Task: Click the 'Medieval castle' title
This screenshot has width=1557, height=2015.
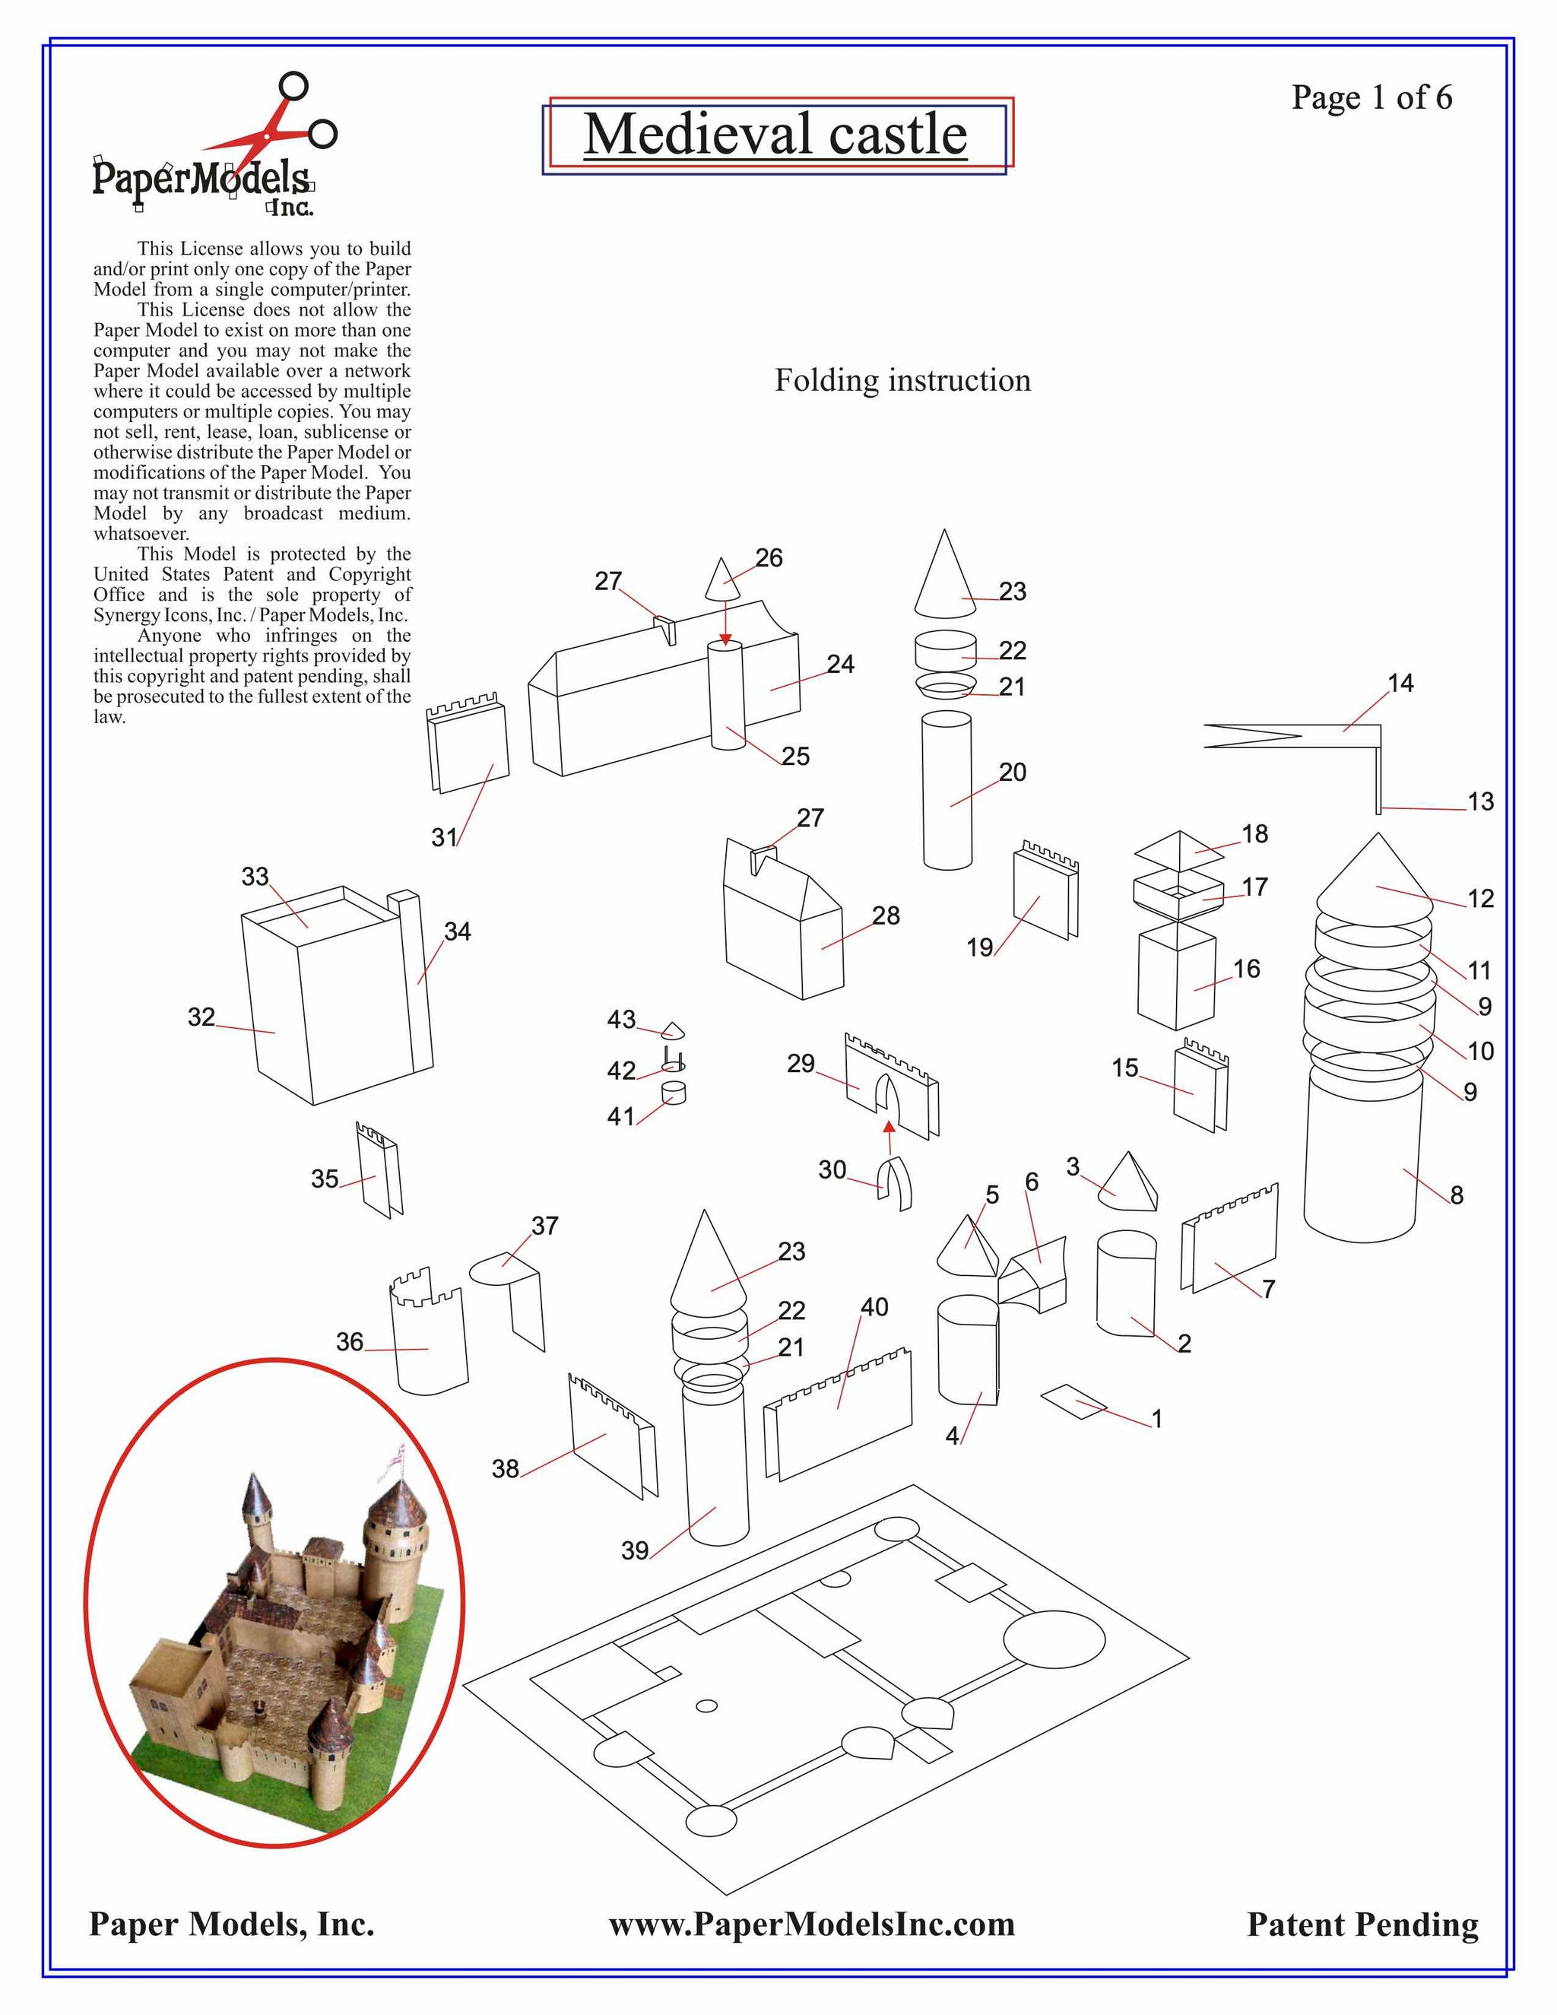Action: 775,135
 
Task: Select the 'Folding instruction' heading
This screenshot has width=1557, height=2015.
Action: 902,380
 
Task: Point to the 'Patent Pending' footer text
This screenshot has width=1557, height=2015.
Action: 1362,1925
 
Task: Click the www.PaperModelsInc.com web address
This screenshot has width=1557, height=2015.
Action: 812,1924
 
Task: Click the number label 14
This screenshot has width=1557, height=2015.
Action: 1400,683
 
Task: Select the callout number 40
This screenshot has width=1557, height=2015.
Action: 874,1306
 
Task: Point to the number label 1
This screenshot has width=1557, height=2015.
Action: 1156,1418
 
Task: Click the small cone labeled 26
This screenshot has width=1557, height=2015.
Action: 724,580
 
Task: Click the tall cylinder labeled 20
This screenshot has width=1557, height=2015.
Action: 947,790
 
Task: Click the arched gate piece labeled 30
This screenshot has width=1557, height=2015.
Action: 894,1185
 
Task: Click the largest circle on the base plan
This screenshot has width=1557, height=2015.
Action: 1054,1639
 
